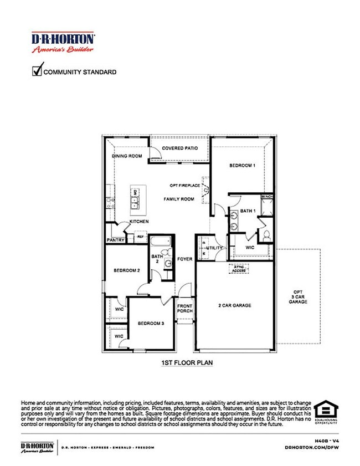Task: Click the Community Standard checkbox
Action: (38, 71)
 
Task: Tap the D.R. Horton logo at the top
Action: (63, 42)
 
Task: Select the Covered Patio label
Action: (180, 148)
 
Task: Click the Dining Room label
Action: (127, 156)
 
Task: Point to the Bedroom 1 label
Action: (243, 165)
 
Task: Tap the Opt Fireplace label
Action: (184, 185)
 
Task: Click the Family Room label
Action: (178, 199)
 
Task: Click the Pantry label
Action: (115, 240)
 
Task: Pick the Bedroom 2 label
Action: (126, 270)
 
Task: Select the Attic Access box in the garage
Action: (239, 269)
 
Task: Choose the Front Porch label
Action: (184, 308)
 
